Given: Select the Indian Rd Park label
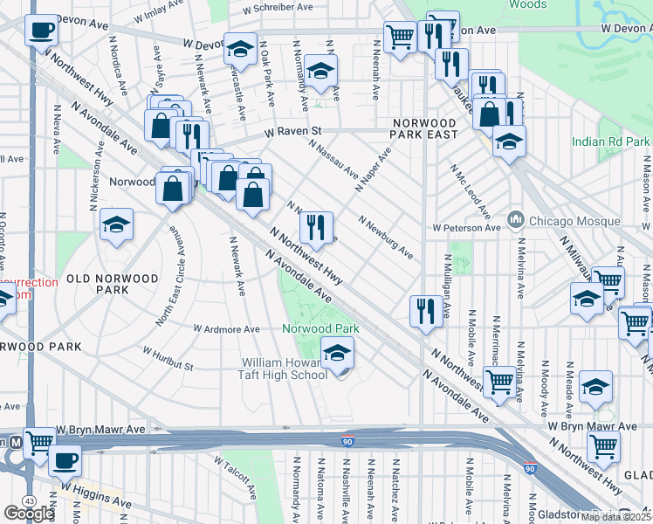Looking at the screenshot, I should [x=611, y=141].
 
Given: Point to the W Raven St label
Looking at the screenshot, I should [x=293, y=133].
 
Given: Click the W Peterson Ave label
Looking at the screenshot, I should [x=466, y=228].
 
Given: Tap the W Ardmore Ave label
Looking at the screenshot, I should [x=226, y=329].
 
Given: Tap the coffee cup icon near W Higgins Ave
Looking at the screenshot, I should [x=64, y=459].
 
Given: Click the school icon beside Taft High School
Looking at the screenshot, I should [x=337, y=353].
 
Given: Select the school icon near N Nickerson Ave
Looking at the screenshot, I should [x=116, y=225].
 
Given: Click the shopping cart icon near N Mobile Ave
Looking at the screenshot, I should [x=498, y=381].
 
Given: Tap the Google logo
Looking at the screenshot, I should [x=30, y=514].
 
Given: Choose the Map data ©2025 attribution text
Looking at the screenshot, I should [x=615, y=517].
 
